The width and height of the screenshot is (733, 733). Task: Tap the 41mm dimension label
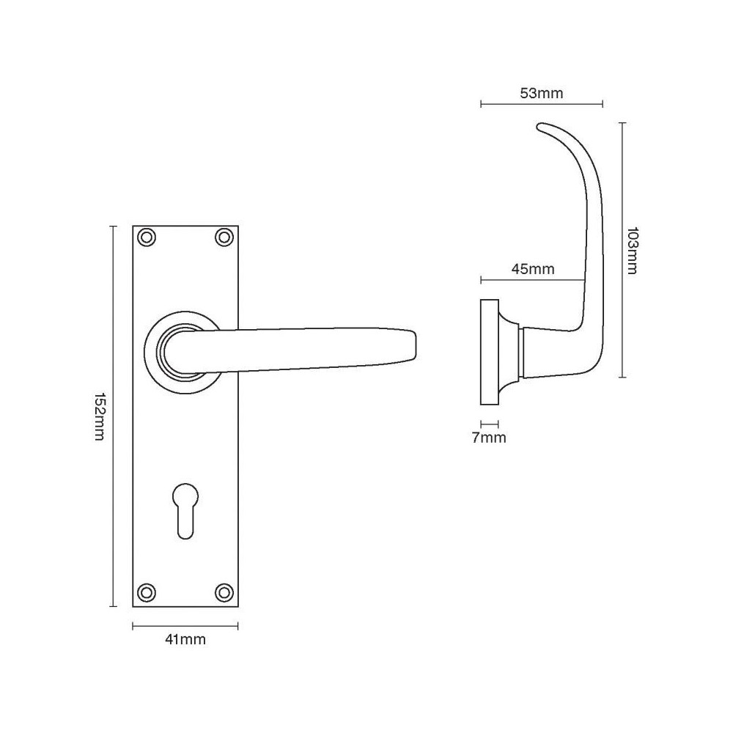tap(185, 640)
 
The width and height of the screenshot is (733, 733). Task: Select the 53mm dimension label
tap(541, 93)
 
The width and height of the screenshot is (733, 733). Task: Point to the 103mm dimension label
tap(634, 251)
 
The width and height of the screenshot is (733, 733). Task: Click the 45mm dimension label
tap(532, 269)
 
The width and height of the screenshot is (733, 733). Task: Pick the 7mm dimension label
tap(489, 438)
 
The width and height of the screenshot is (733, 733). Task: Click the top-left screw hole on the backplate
tap(147, 237)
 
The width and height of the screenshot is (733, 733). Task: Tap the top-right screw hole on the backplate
tap(224, 237)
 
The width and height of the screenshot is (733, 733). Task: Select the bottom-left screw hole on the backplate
tap(147, 592)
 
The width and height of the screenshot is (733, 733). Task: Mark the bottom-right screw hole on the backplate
tap(224, 592)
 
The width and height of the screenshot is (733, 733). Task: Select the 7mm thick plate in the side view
tap(489, 352)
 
